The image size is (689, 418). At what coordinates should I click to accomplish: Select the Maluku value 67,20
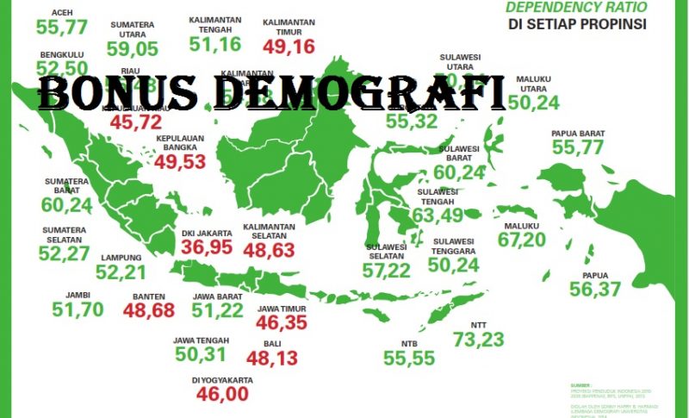point(522,239)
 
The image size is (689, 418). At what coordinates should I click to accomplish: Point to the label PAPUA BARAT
point(578,134)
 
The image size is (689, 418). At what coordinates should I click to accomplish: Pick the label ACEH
point(51,13)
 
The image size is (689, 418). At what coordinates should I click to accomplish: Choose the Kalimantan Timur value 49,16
point(289,47)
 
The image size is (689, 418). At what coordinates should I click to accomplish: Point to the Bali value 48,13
point(271,358)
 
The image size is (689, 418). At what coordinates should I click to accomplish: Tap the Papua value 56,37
point(595,290)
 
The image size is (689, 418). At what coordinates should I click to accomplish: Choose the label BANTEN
point(148,296)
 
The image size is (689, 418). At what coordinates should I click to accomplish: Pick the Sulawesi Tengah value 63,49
point(439,214)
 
